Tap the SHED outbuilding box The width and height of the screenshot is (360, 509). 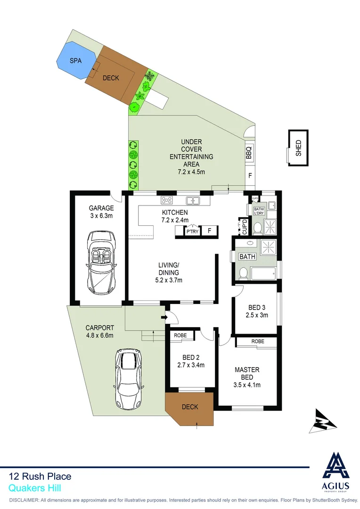coord(298,148)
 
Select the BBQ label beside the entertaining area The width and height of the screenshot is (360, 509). coord(249,152)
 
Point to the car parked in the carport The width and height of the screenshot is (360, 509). coord(128,379)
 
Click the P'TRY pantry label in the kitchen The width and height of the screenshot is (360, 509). coord(192,231)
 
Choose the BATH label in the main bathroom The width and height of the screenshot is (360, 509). coord(247,257)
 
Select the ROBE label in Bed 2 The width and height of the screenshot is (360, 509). coord(180,336)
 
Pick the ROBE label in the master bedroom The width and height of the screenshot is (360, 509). coord(257,341)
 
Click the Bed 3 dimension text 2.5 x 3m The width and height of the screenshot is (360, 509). coord(257,315)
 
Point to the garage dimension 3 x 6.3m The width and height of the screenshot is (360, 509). coord(102,216)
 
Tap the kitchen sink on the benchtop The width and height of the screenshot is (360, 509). coord(192,200)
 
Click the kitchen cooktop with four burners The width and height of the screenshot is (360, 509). coord(166,200)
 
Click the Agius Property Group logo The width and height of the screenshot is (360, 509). coord(335,472)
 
